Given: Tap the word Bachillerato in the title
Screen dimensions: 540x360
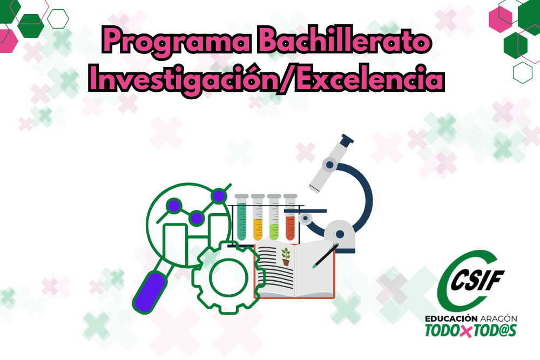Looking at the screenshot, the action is pos(344,40).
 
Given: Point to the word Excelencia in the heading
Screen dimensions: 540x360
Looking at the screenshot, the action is pos(370,79).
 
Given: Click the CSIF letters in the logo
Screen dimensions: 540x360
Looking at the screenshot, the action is pos(477,280).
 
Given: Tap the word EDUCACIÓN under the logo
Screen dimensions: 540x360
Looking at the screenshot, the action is pos(451,318).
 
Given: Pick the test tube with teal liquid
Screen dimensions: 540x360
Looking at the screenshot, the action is pos(241,217).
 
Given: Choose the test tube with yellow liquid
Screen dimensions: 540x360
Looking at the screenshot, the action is pos(258,217).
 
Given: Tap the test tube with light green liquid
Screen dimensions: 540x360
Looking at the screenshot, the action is pos(274,217).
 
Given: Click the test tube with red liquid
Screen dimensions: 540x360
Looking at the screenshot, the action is pos(291,217).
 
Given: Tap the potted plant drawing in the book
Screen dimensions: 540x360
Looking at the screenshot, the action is pos(286,257).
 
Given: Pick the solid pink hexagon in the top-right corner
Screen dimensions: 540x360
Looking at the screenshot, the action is pos(501,19).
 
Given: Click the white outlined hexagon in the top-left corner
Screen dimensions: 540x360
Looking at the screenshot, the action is pos(58,19).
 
